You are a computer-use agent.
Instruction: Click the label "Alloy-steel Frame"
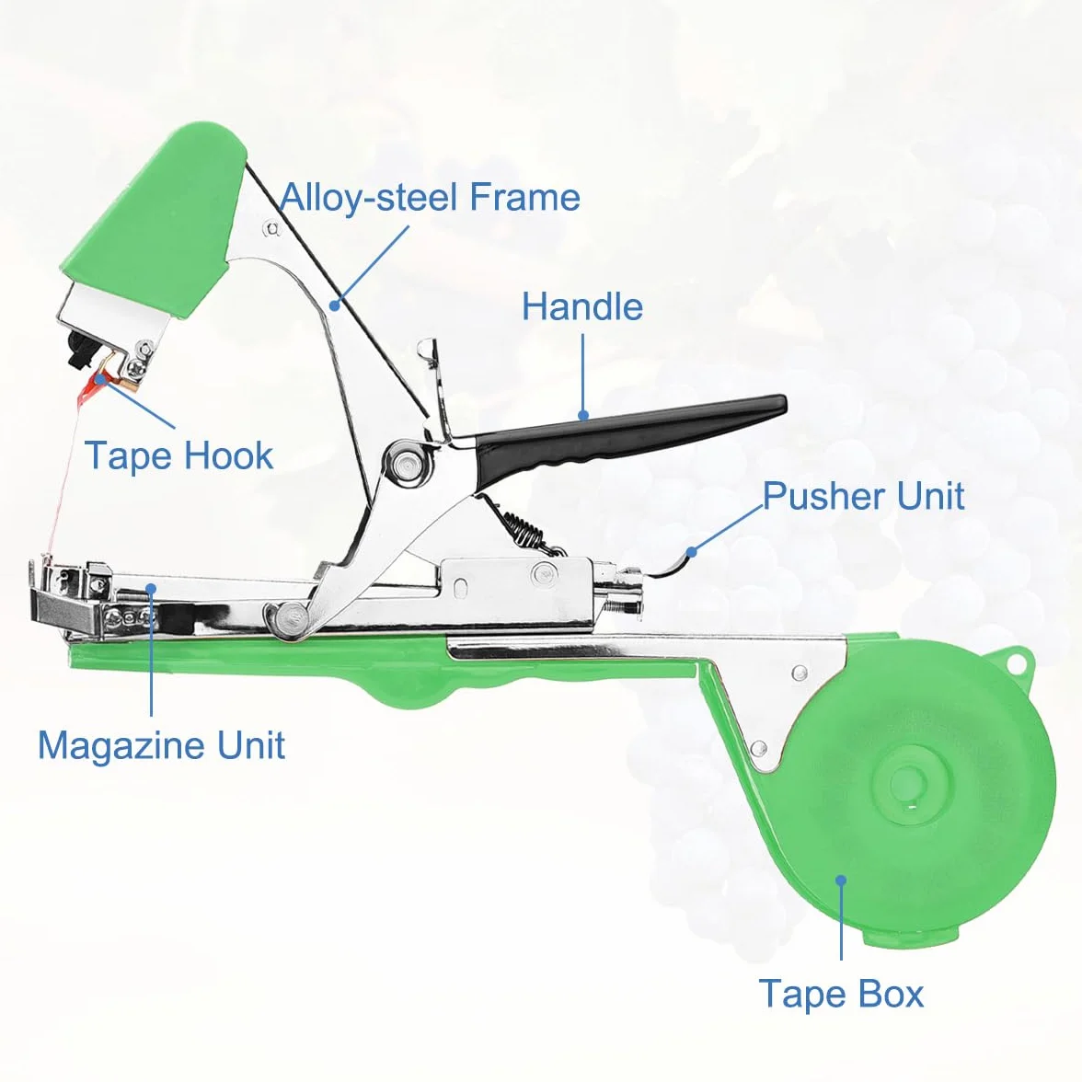[x=430, y=197]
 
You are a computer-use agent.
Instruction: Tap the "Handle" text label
[x=582, y=306]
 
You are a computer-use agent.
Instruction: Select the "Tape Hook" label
[x=178, y=455]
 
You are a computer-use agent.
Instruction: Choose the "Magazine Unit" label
[x=161, y=745]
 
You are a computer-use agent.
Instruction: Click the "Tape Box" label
[x=841, y=994]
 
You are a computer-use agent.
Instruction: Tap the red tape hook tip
[x=92, y=387]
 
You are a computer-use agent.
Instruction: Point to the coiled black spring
[x=528, y=528]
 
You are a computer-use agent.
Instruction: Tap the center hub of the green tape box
[x=909, y=783]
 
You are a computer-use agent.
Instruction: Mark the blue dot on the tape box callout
[x=841, y=880]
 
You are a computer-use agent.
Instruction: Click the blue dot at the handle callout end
[x=583, y=416]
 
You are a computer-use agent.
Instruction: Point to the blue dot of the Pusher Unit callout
[x=692, y=551]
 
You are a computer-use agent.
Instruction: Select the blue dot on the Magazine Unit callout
[x=151, y=588]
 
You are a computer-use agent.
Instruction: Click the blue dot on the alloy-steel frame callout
[x=335, y=304]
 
